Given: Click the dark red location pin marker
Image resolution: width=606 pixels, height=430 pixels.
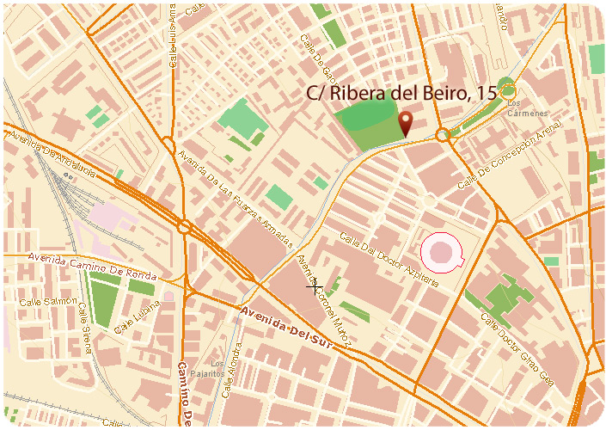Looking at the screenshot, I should point(407,125).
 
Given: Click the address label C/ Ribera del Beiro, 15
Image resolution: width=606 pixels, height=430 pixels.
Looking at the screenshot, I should point(401,94).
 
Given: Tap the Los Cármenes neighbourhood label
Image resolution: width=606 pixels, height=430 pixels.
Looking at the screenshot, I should point(527,108).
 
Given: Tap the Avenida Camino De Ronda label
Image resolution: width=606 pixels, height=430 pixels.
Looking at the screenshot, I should point(92,267).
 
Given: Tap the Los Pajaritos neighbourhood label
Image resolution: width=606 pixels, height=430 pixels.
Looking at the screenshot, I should point(218,368).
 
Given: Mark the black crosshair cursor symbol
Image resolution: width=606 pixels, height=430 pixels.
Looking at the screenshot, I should point(315,286).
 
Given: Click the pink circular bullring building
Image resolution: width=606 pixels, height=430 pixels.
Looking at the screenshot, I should point(442,251).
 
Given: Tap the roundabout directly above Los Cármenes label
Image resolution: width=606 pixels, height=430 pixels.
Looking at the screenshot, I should point(507,86).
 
